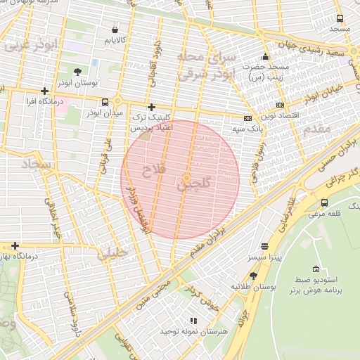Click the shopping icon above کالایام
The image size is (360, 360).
pos(115,30)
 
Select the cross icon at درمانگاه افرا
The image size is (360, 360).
pos(45,91)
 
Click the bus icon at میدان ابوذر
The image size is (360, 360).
pos(105,102)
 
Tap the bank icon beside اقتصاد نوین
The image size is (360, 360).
pos(280,105)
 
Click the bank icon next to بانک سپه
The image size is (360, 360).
pos(247,118)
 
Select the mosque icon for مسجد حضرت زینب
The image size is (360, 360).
pos(265,57)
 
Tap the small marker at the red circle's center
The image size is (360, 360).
pos(187,178)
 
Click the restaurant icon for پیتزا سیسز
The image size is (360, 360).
pos(264,247)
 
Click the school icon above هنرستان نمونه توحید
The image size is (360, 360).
pos(194,321)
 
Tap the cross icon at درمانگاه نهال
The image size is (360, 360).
pos(15,246)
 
